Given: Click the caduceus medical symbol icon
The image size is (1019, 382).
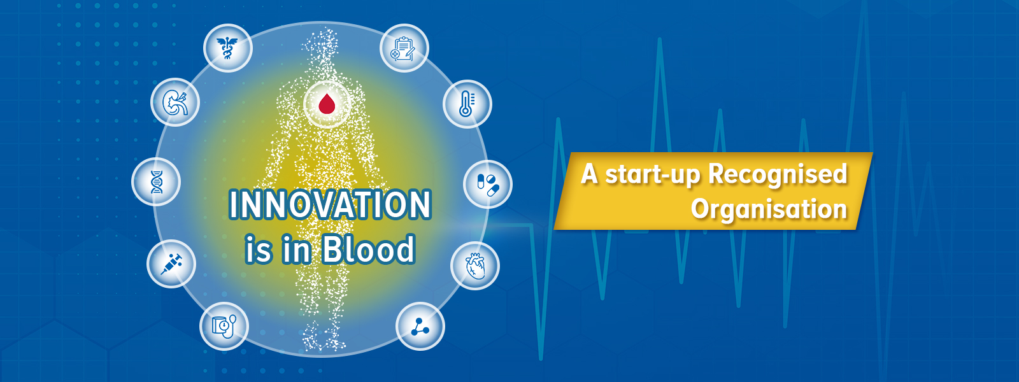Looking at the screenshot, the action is point(227,48).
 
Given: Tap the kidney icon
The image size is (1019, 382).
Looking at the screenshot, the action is point(175,103).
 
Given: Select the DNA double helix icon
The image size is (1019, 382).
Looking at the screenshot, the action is point(157,182).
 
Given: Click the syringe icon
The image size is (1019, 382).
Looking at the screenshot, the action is point(171,264).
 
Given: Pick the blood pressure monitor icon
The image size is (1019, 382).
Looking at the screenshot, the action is point(224,326).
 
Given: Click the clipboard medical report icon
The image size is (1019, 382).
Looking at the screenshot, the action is point(404,48).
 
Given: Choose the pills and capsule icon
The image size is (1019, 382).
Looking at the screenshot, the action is point(488,185).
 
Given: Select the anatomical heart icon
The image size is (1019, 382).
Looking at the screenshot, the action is point(475,266).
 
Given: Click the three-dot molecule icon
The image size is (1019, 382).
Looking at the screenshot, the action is point(420,327).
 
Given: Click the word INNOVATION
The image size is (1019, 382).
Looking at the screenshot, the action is point(330,204).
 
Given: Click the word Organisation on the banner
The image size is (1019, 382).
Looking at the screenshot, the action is point(769,209).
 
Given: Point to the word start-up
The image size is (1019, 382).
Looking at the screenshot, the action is point(652,175).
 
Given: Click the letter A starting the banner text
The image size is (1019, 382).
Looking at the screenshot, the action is point(589,174).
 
